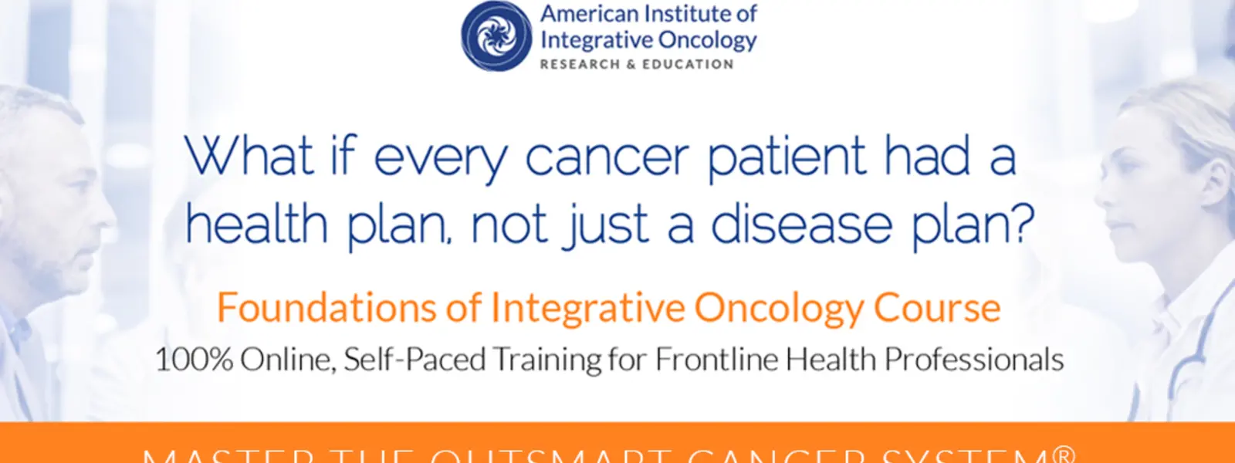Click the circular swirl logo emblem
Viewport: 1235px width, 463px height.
(496, 36)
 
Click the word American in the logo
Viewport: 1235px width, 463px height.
(588, 14)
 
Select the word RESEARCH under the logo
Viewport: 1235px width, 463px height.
(580, 65)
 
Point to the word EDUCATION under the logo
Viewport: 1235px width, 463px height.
(688, 65)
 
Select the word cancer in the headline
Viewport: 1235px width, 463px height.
(607, 158)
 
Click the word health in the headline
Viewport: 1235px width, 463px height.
(257, 224)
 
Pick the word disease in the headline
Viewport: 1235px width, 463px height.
(801, 225)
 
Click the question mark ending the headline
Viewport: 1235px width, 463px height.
(1020, 222)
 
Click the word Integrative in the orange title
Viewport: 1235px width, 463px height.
(587, 308)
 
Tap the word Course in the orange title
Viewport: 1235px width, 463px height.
(937, 308)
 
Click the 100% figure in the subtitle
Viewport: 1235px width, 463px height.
(194, 360)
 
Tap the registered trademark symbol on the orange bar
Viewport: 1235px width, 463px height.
(1063, 454)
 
